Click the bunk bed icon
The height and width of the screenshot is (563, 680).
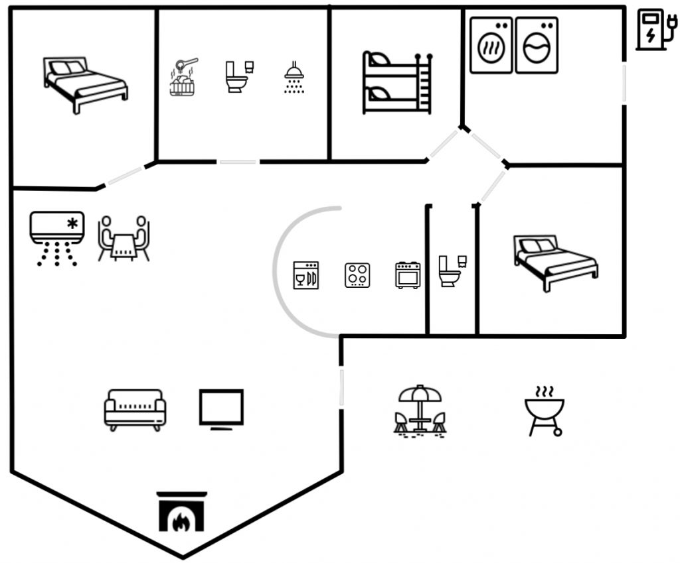pyautogui.click(x=398, y=82)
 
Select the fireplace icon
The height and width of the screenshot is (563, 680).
pyautogui.click(x=182, y=512)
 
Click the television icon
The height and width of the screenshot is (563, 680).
pyautogui.click(x=222, y=408)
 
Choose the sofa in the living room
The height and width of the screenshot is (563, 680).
pyautogui.click(x=135, y=409)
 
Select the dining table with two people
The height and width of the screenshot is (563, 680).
pyautogui.click(x=124, y=239)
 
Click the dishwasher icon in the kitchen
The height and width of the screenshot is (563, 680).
pyautogui.click(x=306, y=275)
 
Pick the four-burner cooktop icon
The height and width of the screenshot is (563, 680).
pyautogui.click(x=357, y=275)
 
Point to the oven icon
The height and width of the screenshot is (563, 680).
pyautogui.click(x=408, y=275)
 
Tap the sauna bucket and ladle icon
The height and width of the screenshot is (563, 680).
pyautogui.click(x=185, y=78)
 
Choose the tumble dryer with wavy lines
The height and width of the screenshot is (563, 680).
pyautogui.click(x=491, y=45)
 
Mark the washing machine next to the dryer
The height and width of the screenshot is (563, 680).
pyautogui.click(x=537, y=45)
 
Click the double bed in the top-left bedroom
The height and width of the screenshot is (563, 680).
pyautogui.click(x=85, y=84)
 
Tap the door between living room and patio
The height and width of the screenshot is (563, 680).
pyautogui.click(x=342, y=388)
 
